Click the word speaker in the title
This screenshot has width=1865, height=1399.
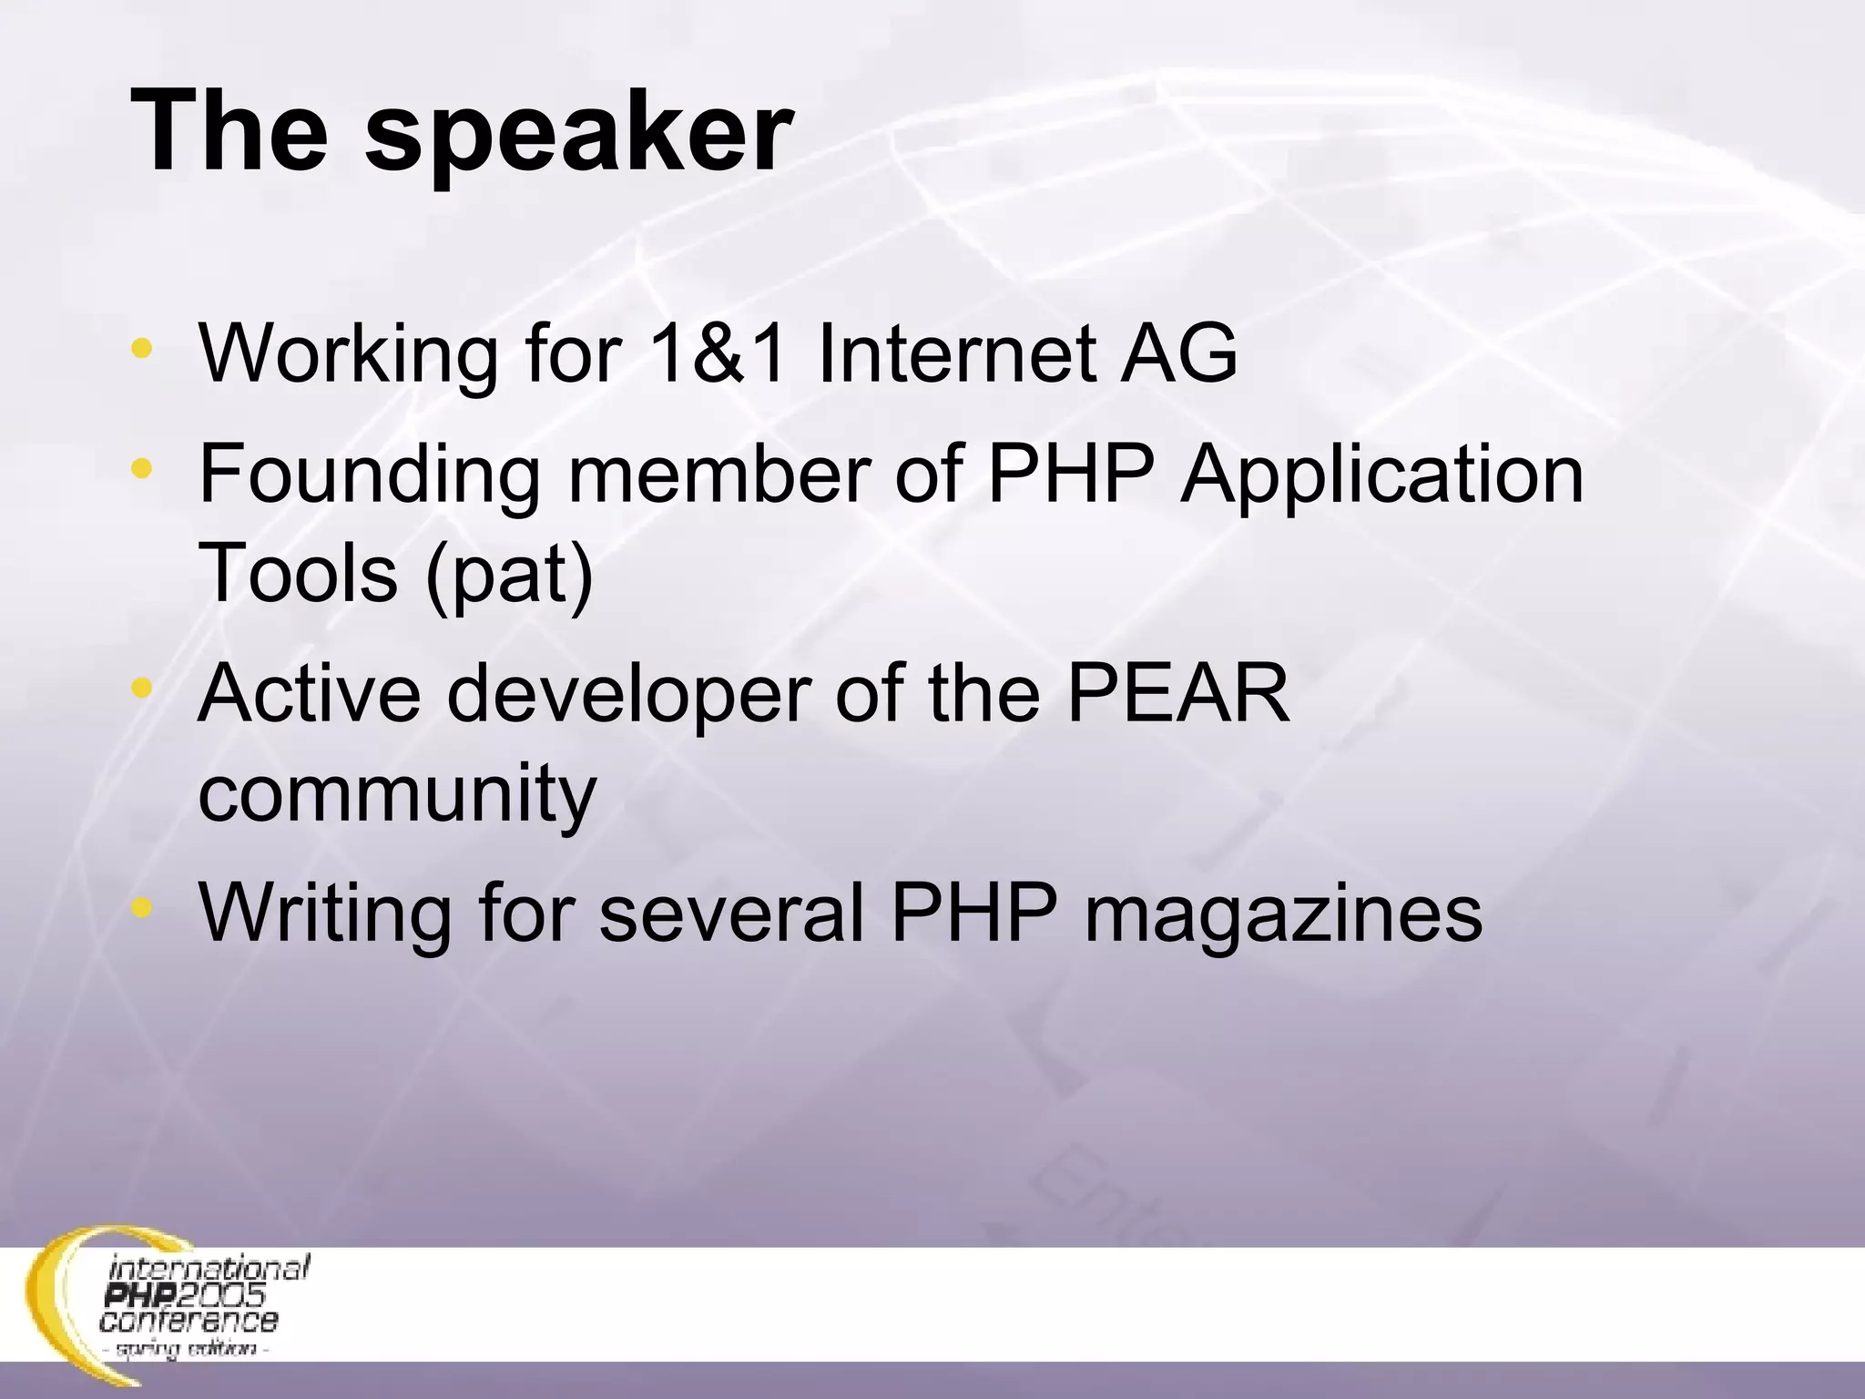(579, 134)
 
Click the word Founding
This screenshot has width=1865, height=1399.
(370, 475)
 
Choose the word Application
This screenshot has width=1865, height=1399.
(1381, 475)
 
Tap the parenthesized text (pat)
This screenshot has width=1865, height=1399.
(509, 574)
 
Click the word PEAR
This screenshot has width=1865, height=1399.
(1178, 694)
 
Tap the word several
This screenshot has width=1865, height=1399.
(731, 913)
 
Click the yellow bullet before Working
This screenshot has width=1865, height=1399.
(141, 347)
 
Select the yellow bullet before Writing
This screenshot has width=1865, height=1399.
(141, 907)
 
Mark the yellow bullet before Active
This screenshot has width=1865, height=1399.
(141, 689)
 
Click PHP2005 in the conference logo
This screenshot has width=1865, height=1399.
(187, 1295)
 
